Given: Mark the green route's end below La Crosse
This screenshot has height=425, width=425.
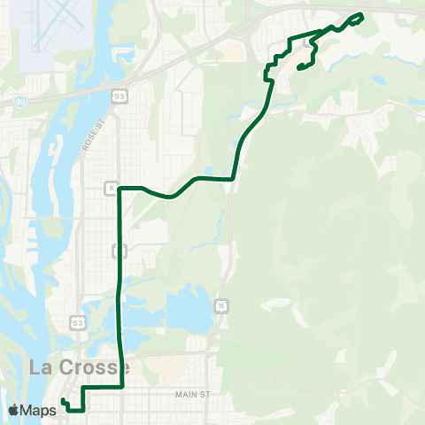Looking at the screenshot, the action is (x=64, y=402).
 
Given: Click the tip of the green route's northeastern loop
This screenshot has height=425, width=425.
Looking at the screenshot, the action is (x=362, y=16).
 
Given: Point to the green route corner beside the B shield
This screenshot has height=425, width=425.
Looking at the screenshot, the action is (x=120, y=188).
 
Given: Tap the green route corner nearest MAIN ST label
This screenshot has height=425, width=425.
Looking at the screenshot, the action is (x=121, y=388).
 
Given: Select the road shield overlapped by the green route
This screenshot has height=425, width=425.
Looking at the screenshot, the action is (x=118, y=252).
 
